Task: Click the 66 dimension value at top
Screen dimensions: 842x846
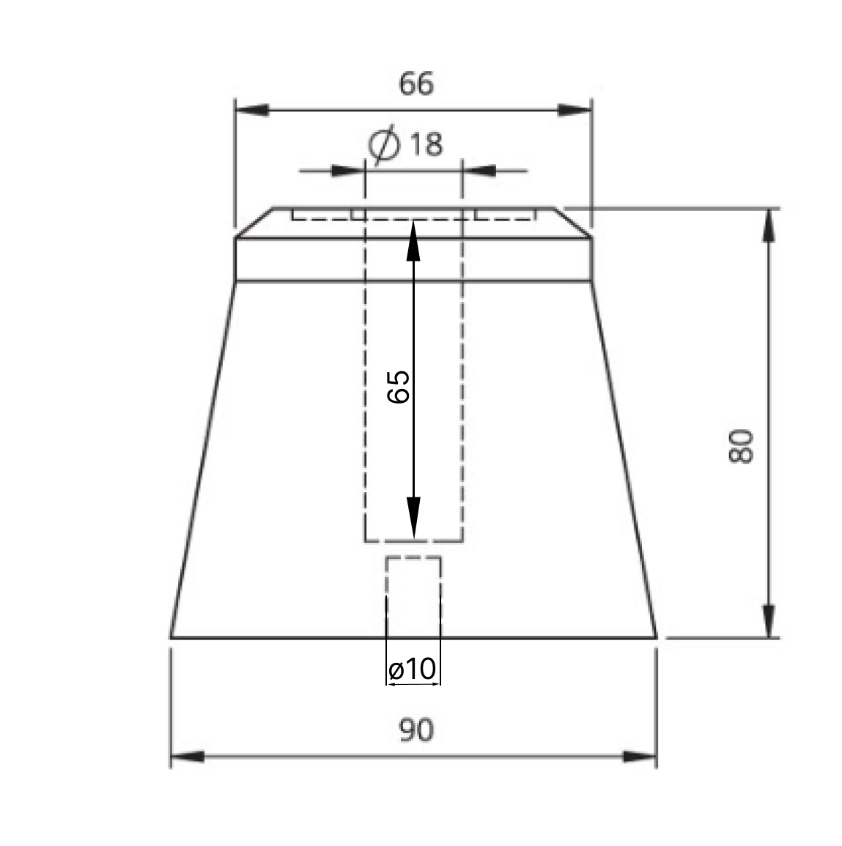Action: (416, 84)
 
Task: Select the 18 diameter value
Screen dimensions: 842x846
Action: (426, 144)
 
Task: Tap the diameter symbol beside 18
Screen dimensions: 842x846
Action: (385, 144)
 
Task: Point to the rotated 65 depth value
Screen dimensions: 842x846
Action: (399, 386)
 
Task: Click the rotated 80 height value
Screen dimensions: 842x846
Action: (741, 446)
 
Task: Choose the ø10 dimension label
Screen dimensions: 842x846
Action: (412, 669)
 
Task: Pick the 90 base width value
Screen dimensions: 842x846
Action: (416, 730)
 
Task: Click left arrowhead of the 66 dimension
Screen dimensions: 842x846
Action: (252, 110)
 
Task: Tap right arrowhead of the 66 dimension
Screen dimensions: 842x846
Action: (575, 110)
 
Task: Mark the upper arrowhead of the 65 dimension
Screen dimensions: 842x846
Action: (413, 241)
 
